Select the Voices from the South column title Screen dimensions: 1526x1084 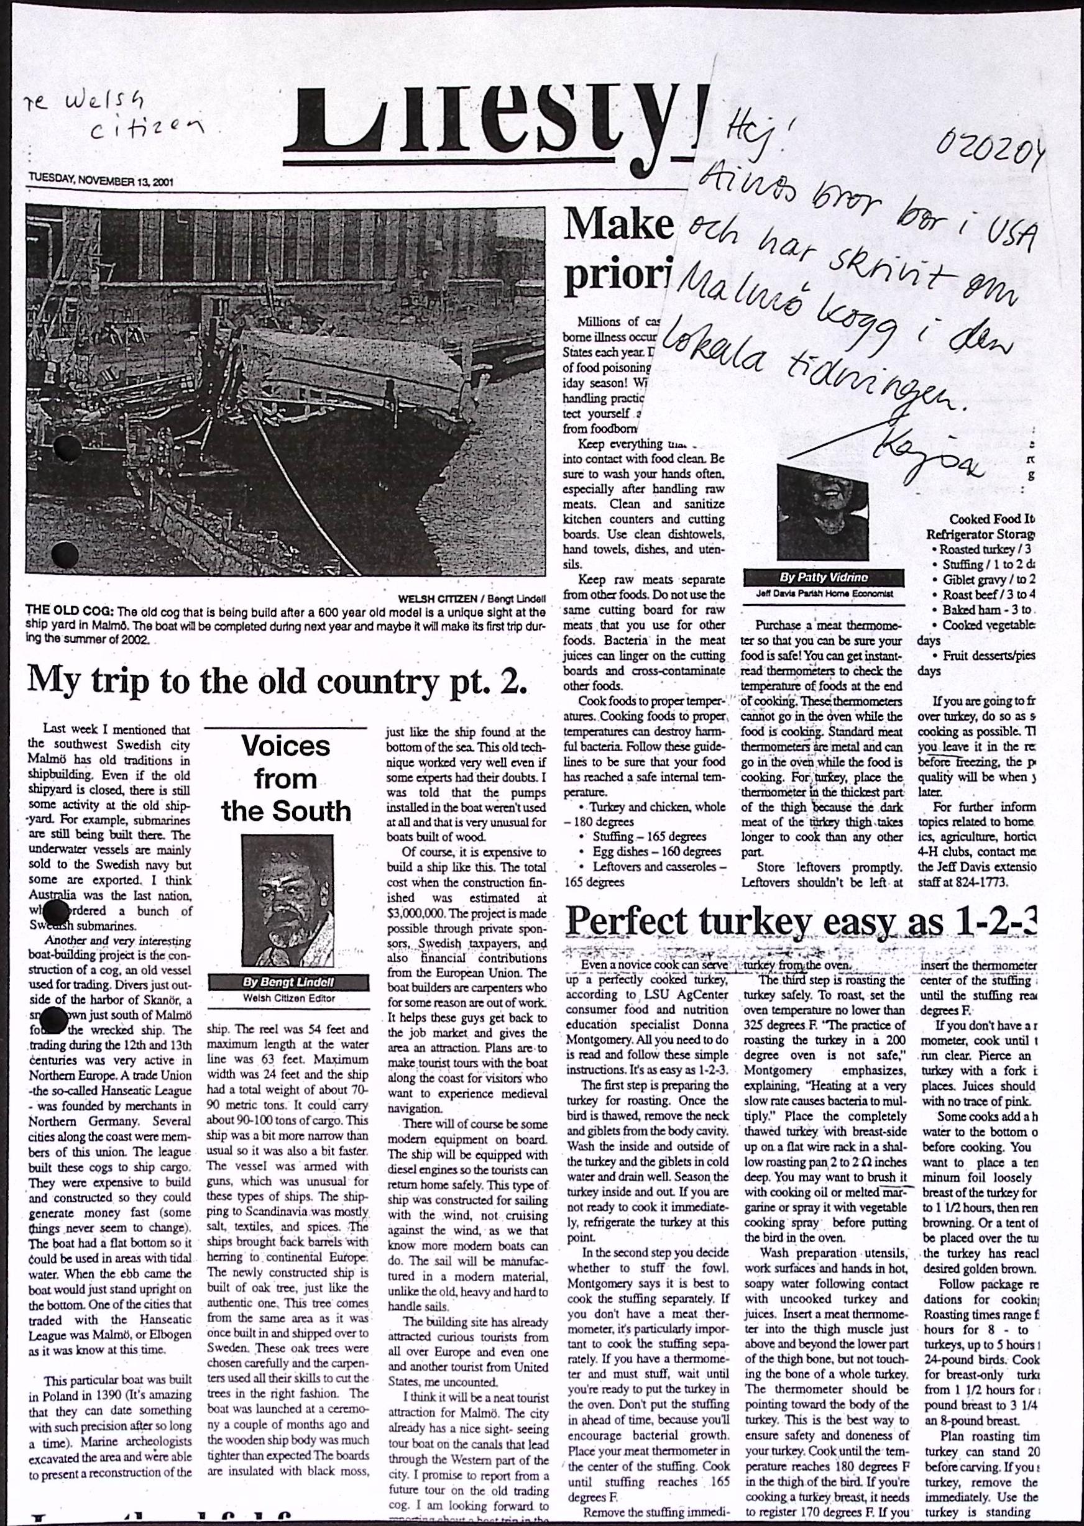pyautogui.click(x=286, y=779)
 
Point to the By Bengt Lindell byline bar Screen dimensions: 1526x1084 pyautogui.click(x=288, y=982)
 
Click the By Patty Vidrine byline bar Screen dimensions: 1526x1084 pyautogui.click(x=824, y=577)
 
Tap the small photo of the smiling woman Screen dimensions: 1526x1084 pyautogui.click(x=822, y=513)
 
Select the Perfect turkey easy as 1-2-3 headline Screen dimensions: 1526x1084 pyautogui.click(x=802, y=921)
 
